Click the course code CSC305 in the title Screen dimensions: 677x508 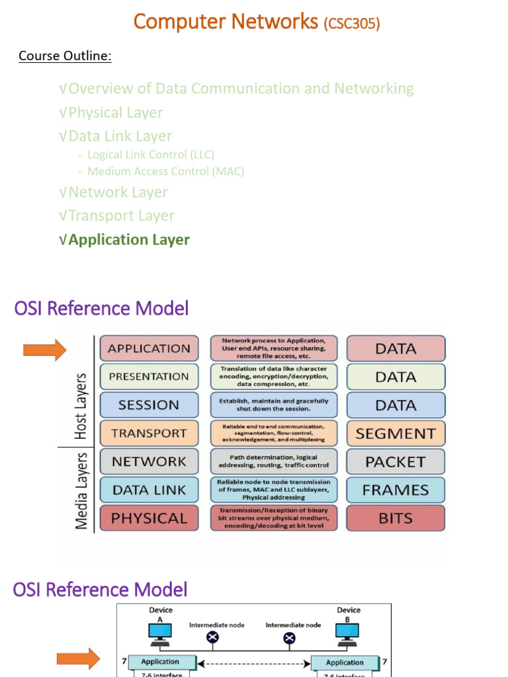[351, 24]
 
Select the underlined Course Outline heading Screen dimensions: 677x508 [65, 56]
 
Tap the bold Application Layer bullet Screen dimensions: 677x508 [128, 240]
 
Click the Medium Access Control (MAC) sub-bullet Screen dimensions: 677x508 [165, 171]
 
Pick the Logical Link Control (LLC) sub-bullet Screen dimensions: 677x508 [151, 155]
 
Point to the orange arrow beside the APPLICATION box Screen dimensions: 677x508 [44, 348]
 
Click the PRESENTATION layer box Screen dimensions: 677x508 [149, 377]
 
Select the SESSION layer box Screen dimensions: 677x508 [149, 405]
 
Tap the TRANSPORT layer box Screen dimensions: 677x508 [149, 433]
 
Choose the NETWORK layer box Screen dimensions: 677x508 [149, 461]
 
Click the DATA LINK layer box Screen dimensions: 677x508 [149, 490]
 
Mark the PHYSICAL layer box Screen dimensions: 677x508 [149, 518]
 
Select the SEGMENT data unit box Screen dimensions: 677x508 [396, 434]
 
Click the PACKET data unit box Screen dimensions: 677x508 [396, 462]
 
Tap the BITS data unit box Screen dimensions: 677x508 [396, 518]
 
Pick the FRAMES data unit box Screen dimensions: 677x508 [396, 491]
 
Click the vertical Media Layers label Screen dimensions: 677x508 [81, 491]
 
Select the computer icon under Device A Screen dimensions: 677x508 [160, 633]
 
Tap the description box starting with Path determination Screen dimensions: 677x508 [273, 461]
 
